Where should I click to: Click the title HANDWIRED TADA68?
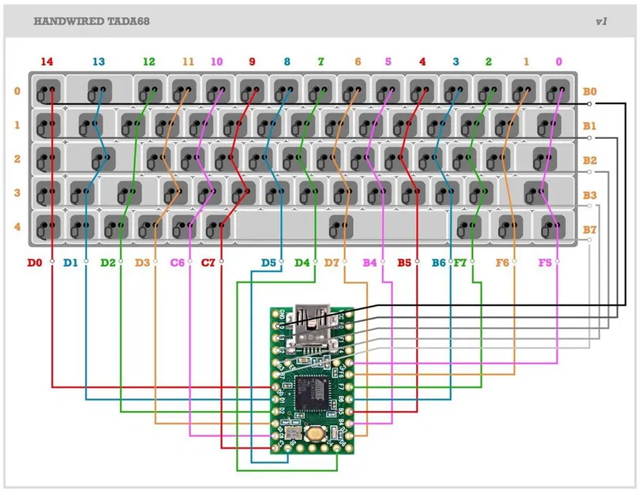[92, 22]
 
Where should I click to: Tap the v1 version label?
[602, 22]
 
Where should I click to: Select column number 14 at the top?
[47, 62]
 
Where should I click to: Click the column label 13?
[99, 62]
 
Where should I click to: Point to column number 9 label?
[253, 62]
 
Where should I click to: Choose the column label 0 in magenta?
[560, 62]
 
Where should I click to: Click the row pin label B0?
[590, 92]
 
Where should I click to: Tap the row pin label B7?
[590, 230]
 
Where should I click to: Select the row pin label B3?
[590, 195]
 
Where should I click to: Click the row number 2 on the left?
[17, 159]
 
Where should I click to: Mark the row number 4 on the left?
[17, 227]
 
